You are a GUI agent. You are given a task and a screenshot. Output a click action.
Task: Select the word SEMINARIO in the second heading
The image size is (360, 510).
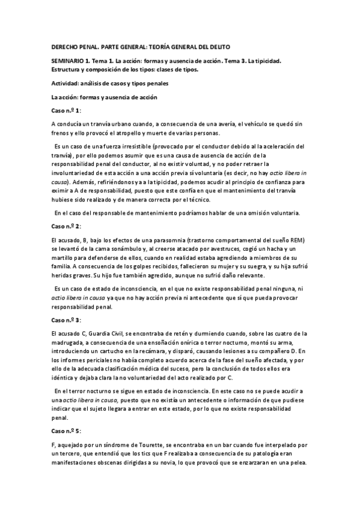click(70, 61)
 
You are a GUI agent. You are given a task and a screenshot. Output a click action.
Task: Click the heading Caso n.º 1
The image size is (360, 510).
click(67, 111)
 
